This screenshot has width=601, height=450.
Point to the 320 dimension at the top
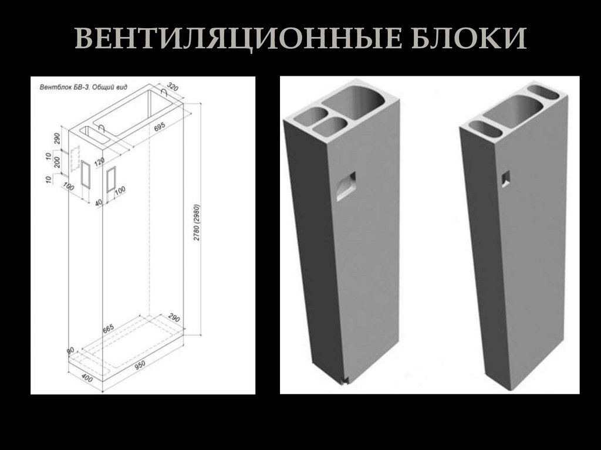coord(173,86)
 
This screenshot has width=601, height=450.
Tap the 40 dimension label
coord(98,202)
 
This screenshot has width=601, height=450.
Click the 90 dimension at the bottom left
coord(70,350)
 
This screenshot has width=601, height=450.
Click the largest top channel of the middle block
coord(356,101)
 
